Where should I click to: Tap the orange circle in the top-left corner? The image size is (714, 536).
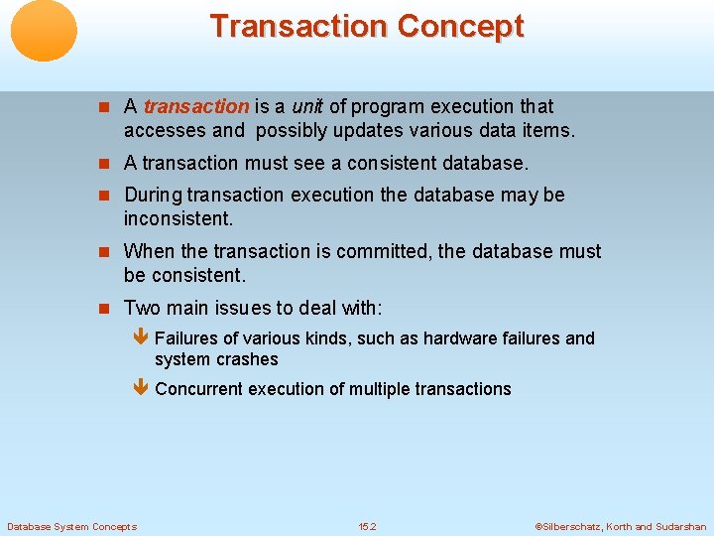point(44,31)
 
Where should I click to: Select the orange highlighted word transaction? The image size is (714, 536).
point(196,106)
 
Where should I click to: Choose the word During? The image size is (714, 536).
point(153,195)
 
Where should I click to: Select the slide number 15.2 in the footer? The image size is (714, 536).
point(367,526)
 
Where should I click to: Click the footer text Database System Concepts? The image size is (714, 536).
point(71,526)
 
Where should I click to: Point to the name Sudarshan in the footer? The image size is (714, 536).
point(681,526)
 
